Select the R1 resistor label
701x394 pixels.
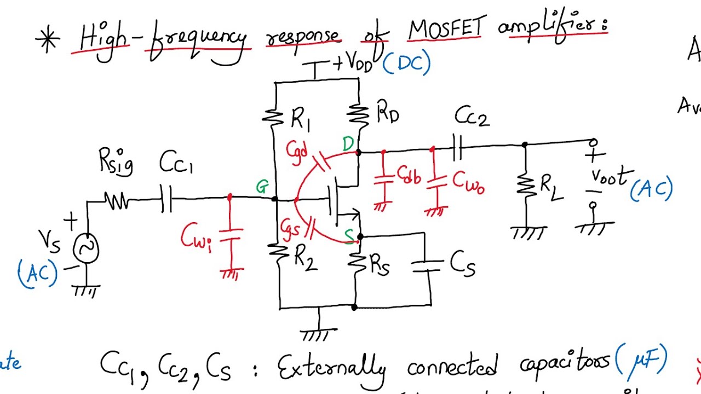point(301,119)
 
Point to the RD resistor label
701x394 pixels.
point(388,114)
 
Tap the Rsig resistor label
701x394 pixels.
point(116,163)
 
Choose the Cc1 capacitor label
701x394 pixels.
point(176,163)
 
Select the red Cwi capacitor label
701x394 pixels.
point(196,237)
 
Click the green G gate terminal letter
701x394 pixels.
point(262,188)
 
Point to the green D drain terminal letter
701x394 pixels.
point(348,144)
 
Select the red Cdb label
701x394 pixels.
point(409,176)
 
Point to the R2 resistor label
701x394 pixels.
point(306,258)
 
